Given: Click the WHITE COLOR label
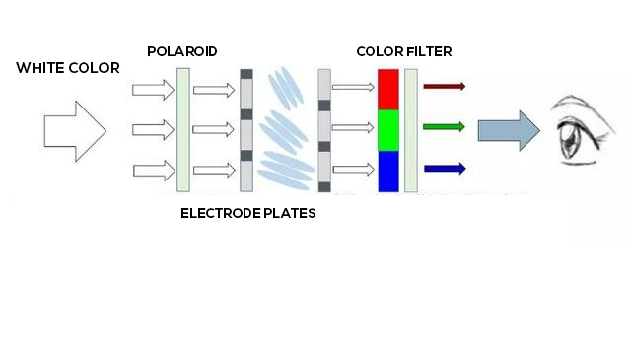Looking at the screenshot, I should tap(68, 68).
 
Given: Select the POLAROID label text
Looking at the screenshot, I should tap(181, 50).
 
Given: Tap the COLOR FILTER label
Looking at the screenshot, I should tap(404, 50).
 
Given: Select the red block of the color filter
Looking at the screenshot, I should tap(388, 89).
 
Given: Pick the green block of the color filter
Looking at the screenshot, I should tap(388, 129).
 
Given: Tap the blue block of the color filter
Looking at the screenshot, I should tap(388, 171).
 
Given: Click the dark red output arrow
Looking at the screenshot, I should tap(444, 86).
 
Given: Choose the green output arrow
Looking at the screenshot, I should tap(444, 127).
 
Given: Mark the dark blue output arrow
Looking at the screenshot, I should tap(444, 169).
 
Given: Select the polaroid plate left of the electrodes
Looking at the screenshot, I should tap(182, 129).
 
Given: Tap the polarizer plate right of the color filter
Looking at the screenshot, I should tap(411, 129).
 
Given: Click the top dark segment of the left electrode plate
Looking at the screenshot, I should tap(246, 74).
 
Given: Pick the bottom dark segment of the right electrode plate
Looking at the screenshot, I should tap(324, 185).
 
